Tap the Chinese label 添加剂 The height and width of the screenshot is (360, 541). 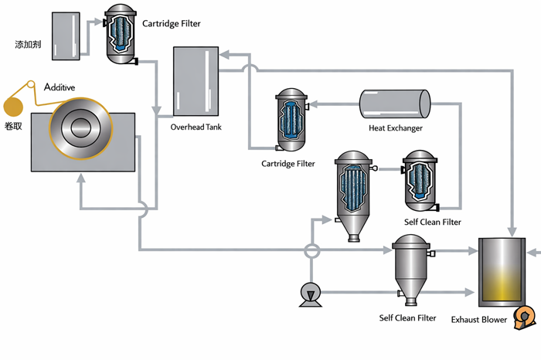click(x=27, y=45)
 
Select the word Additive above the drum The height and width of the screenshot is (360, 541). click(x=60, y=87)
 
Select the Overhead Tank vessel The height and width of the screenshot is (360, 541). click(x=196, y=81)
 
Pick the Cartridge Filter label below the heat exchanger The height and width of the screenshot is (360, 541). click(x=288, y=164)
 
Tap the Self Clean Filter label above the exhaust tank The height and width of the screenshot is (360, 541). click(x=432, y=222)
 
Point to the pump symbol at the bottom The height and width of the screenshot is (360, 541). click(x=311, y=292)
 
